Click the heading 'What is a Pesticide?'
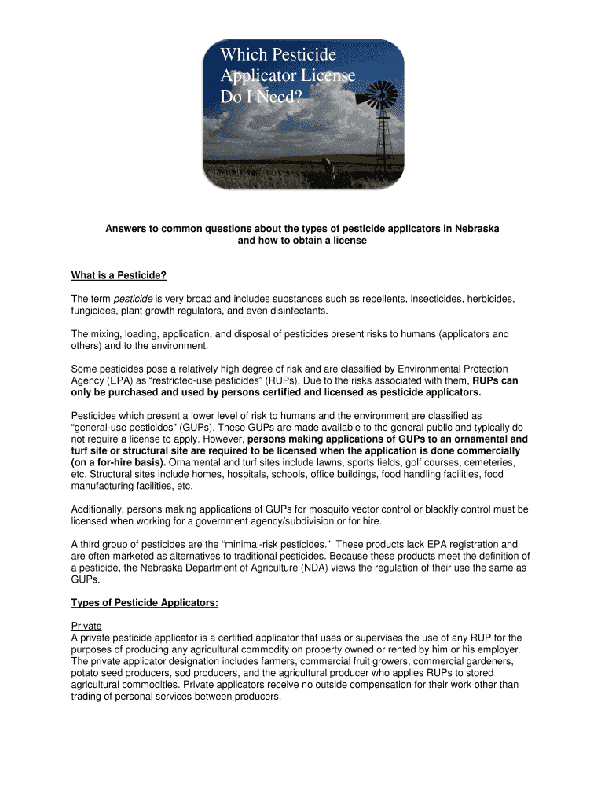point(119,275)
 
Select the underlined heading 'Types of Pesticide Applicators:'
point(145,603)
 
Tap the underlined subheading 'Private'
point(86,626)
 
